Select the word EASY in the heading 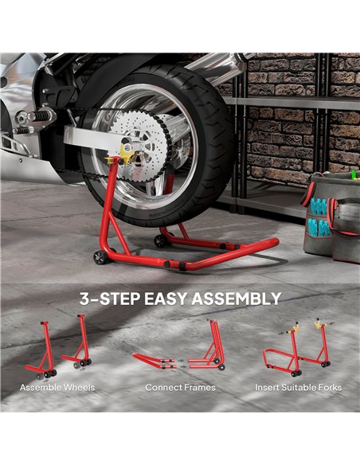pos(162,299)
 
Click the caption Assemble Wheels pos(57,388)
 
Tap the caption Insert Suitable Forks pos(298,388)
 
